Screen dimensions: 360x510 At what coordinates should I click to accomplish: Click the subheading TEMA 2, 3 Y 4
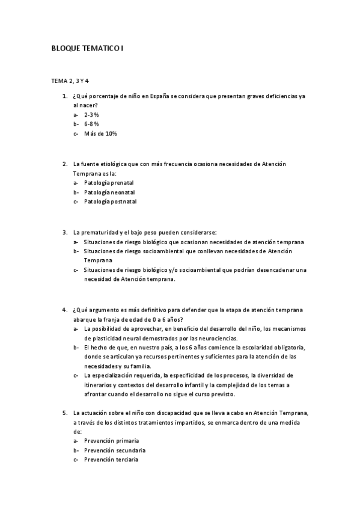point(70,81)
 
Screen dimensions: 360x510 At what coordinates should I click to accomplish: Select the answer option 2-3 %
point(91,114)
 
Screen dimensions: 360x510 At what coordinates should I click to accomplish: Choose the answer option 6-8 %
point(91,124)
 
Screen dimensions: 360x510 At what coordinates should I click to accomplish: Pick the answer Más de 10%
point(100,134)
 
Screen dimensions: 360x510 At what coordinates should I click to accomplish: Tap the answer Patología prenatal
point(109,182)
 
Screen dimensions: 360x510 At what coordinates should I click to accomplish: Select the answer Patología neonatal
point(109,192)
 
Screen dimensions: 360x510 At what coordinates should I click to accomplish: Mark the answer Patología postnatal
point(110,201)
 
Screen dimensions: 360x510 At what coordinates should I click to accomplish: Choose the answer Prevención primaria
point(111,441)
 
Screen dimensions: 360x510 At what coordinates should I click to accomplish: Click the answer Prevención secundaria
point(114,450)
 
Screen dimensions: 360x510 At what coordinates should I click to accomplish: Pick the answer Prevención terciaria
point(111,460)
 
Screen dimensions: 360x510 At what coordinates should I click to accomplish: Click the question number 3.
point(64,232)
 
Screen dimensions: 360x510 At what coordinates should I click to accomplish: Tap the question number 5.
point(64,414)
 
